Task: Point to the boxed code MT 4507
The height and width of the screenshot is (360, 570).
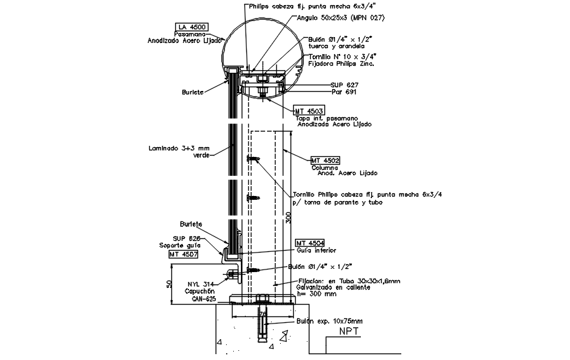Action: tap(184, 255)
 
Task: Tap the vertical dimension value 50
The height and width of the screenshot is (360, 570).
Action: tap(169, 283)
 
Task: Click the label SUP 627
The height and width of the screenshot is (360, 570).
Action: tap(345, 85)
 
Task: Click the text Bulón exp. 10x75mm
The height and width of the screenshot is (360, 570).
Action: tap(330, 321)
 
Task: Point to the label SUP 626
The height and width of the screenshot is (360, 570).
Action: tap(185, 238)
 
